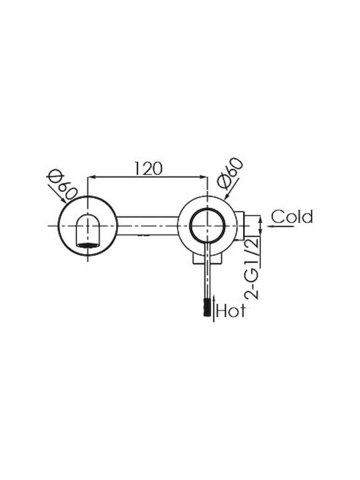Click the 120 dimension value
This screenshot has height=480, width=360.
[148, 168]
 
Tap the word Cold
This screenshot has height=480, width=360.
[292, 217]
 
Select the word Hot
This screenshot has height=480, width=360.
[231, 311]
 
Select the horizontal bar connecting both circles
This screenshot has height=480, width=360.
[147, 226]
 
